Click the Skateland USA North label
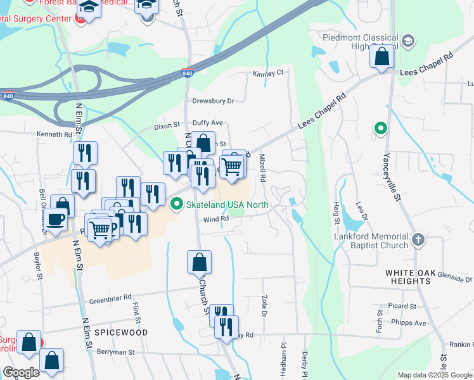coord(227,205)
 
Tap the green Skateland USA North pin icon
coord(177,204)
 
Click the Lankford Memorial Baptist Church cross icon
coord(417,240)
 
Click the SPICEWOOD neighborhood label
coord(121,332)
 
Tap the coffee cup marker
coord(55,220)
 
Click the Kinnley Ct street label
coord(268,73)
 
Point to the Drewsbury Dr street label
coord(214,101)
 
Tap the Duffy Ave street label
coord(208,123)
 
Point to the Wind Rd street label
coord(215,219)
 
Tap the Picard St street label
coord(403,306)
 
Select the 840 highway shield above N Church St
coord(188,72)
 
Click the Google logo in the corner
coord(22,373)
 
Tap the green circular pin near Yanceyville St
coord(380,129)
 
